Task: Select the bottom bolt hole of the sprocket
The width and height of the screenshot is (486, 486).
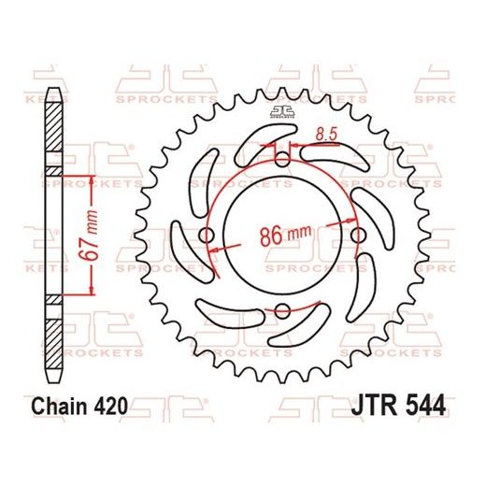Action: coord(281,310)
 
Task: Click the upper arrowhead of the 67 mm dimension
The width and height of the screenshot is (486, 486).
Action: coord(92,177)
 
